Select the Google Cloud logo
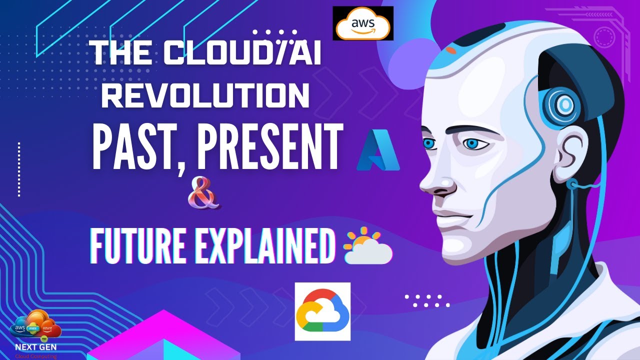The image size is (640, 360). [x=322, y=311]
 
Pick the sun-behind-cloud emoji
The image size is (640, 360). [x=368, y=245]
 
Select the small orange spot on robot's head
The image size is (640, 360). [x=451, y=50]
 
